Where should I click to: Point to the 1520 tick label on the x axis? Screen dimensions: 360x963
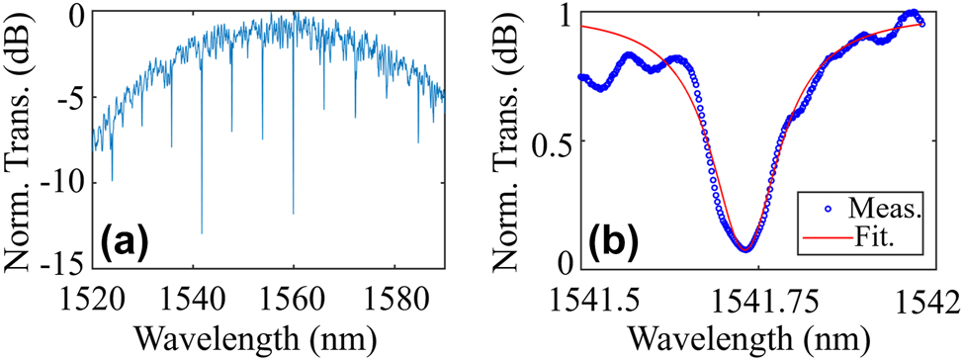[91, 294]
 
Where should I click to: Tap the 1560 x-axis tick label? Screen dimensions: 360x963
[294, 294]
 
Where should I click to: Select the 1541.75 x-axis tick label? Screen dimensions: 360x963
[750, 294]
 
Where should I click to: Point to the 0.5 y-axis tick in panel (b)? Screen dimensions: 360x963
[550, 140]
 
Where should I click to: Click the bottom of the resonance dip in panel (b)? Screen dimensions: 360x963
[745, 249]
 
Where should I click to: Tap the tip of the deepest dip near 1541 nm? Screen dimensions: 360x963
[202, 233]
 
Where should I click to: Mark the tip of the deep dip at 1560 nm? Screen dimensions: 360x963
[293, 214]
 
